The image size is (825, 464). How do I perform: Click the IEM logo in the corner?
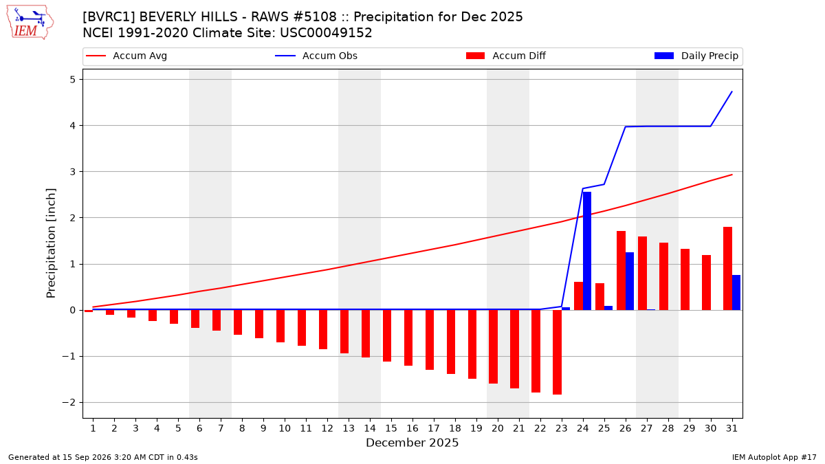pyautogui.click(x=30, y=23)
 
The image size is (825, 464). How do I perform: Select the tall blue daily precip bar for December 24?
pyautogui.click(x=587, y=251)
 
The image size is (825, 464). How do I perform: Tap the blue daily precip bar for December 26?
pyautogui.click(x=630, y=281)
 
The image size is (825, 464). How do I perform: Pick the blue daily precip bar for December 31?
pyautogui.click(x=736, y=292)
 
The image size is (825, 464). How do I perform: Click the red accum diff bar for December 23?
pyautogui.click(x=558, y=352)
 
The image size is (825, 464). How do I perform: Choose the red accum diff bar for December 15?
pyautogui.click(x=387, y=335)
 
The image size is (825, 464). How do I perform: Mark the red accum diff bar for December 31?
pyautogui.click(x=728, y=269)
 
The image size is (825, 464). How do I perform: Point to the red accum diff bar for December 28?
pyautogui.click(x=663, y=276)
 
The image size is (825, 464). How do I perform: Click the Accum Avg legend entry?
pyautogui.click(x=126, y=56)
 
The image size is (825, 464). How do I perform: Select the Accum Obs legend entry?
pyautogui.click(x=316, y=56)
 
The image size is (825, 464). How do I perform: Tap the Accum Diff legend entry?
pyautogui.click(x=506, y=56)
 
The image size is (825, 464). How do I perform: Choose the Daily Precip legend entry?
pyautogui.click(x=696, y=56)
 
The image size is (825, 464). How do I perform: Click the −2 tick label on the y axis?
pyautogui.click(x=69, y=403)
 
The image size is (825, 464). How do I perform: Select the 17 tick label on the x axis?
pyautogui.click(x=434, y=428)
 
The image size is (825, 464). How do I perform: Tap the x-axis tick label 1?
pyautogui.click(x=93, y=428)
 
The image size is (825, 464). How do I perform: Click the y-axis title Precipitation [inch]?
pyautogui.click(x=51, y=243)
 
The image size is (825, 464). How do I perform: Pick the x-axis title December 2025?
pyautogui.click(x=412, y=443)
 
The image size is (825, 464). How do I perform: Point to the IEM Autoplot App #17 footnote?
pyautogui.click(x=774, y=457)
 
